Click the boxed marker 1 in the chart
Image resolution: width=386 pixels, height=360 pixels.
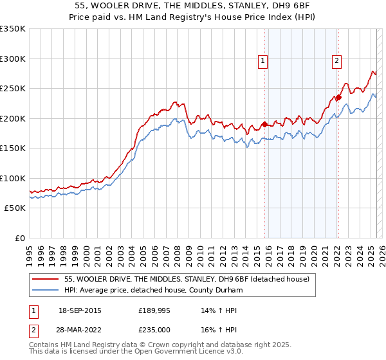tap(263, 61)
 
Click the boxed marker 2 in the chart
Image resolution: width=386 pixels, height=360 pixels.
tap(336, 61)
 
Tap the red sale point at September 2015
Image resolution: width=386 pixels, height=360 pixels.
tap(264, 125)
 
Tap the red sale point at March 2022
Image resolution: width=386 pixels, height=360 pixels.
tap(338, 98)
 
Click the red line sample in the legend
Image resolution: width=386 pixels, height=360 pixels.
tap(46, 279)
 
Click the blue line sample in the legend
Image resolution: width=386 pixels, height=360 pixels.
tap(46, 291)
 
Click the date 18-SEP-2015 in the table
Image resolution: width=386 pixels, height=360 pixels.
tap(80, 310)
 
